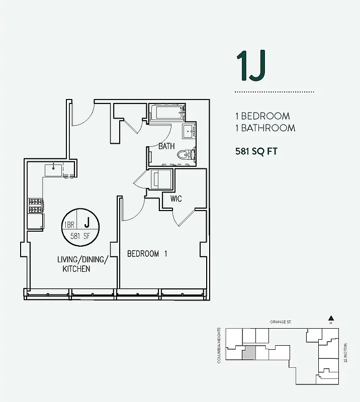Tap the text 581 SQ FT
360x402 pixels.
256,150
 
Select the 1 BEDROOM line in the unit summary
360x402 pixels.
262,116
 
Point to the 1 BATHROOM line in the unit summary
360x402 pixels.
265,128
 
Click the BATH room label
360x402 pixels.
166,147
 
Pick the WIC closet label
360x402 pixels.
176,199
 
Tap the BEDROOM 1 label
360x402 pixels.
147,254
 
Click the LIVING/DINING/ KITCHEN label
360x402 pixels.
82,264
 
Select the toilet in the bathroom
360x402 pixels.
186,154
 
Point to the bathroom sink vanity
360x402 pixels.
190,133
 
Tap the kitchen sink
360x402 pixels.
53,170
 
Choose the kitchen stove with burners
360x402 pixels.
36,206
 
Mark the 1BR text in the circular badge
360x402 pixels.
69,225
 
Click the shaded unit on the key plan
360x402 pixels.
249,353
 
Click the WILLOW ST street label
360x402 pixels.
346,350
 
